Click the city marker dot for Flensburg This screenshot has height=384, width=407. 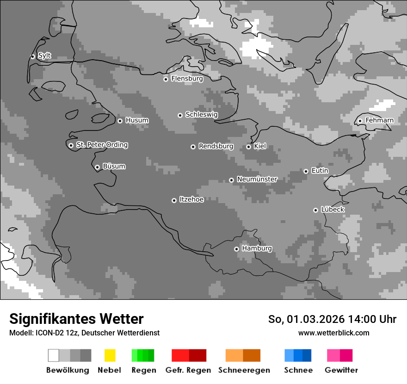(x=166, y=79)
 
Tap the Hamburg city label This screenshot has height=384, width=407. (x=257, y=248)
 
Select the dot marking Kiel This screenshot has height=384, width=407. (x=248, y=147)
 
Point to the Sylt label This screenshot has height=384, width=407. (x=44, y=56)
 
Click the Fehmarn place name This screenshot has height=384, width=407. (x=379, y=120)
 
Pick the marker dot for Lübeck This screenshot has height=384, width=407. (x=315, y=210)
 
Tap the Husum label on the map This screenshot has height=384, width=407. (x=137, y=120)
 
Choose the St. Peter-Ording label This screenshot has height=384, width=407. (x=102, y=145)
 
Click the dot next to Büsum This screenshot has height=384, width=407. (x=97, y=167)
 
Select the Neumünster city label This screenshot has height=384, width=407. (x=257, y=179)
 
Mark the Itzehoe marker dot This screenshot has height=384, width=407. (x=174, y=200)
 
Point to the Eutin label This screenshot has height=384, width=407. (x=320, y=171)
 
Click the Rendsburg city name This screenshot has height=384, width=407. (x=216, y=146)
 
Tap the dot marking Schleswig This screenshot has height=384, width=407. (x=180, y=115)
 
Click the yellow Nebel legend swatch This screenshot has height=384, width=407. (x=110, y=355)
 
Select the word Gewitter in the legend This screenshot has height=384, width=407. (x=341, y=370)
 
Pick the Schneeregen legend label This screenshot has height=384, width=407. (x=243, y=370)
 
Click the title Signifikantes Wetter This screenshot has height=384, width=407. (x=76, y=319)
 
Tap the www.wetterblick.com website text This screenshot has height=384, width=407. (x=333, y=333)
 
